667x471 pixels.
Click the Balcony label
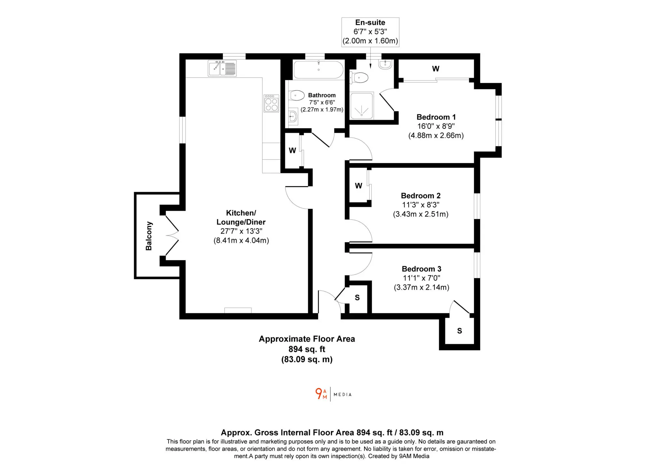pos(149,236)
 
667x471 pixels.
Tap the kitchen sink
pos(222,68)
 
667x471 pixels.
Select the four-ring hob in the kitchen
pos(271,103)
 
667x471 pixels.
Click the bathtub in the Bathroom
pos(319,70)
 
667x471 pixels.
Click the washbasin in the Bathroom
pos(293,116)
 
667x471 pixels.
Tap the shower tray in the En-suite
pos(362,105)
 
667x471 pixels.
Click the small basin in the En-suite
pos(385,64)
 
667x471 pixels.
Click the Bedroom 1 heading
pos(436,117)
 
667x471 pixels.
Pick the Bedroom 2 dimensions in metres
pos(421,214)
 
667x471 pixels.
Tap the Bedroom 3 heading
pos(421,269)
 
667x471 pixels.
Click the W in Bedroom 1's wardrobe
pos(436,69)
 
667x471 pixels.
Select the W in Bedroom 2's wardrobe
pos(359,186)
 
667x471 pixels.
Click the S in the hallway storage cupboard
pos(357,298)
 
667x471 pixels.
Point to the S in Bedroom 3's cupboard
pos(460,331)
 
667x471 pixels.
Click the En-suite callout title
pos(370,22)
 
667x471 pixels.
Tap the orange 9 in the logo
pos(319,394)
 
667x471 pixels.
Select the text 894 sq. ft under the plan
pos(307,349)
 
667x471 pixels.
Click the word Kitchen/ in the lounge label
pos(241,213)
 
